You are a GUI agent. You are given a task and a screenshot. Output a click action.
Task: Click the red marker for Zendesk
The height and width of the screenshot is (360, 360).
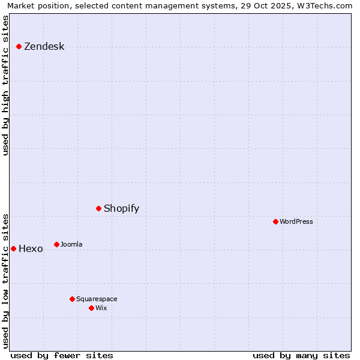coord(19,46)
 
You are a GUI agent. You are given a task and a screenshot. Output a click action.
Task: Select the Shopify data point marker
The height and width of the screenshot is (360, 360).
coord(98,208)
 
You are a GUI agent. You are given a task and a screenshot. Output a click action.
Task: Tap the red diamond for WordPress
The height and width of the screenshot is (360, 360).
coord(275,221)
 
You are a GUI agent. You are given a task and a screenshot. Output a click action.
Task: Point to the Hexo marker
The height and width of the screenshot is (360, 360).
coord(13,248)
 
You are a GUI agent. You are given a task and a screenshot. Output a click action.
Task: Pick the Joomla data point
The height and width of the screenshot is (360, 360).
coord(56,244)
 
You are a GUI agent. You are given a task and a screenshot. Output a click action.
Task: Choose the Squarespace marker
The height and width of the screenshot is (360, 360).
coord(72,299)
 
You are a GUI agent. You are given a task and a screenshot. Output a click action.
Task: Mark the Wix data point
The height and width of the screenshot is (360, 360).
coord(91,308)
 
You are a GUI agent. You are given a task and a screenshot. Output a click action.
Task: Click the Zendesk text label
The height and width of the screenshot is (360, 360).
coord(44,47)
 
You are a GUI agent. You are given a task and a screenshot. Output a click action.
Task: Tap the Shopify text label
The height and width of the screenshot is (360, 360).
coord(121,209)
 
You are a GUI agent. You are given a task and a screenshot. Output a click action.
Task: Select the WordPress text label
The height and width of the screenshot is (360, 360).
coord(296,221)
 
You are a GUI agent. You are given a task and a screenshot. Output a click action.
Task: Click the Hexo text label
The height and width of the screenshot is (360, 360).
coord(31,249)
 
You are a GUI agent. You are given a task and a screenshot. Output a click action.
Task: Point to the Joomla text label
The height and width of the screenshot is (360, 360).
coord(71,244)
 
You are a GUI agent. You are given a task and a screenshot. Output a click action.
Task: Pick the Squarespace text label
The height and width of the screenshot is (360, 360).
coord(97,299)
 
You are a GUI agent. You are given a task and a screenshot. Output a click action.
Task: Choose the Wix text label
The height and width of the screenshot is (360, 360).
coord(101,308)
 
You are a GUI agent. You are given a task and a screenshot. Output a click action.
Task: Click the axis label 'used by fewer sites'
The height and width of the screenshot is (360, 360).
coord(62,355)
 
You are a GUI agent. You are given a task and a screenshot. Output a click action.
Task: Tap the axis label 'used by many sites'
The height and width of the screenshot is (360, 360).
coord(301,355)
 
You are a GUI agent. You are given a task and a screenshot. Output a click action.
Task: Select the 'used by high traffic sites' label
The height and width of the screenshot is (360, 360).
coord(5,85)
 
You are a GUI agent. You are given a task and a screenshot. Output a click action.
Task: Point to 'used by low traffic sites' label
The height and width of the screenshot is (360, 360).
coord(5,280)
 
